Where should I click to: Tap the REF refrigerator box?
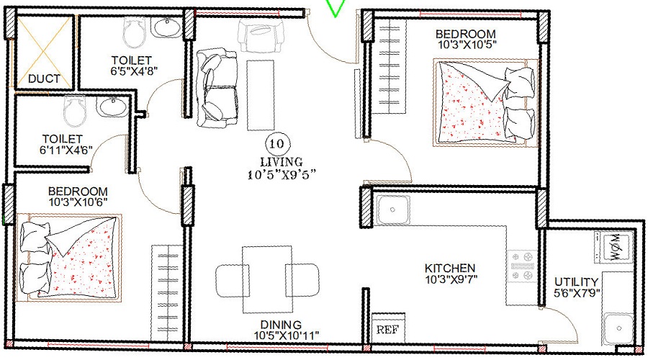pos(387,330)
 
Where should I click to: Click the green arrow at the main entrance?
pos(336,7)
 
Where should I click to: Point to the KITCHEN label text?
pos(449,267)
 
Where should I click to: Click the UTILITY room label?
pos(576,282)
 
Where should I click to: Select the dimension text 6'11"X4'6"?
pos(63,150)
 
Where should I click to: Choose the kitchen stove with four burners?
pos(523,266)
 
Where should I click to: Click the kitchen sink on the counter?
pos(393,210)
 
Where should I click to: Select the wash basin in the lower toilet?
pos(113,107)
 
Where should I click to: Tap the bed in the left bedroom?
pos(70,256)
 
